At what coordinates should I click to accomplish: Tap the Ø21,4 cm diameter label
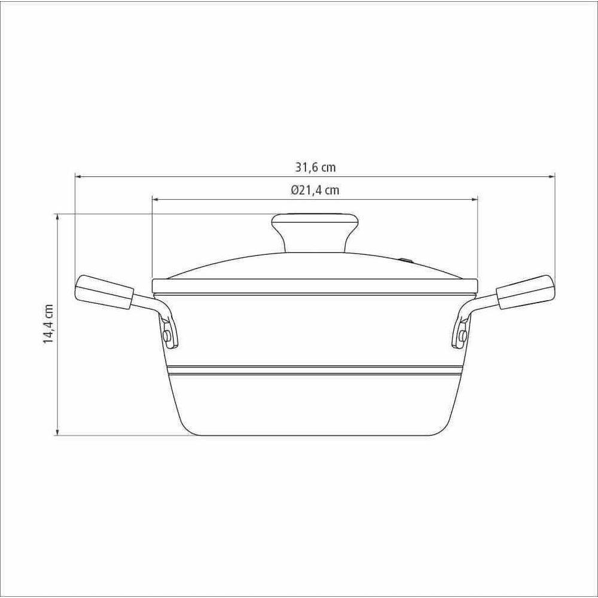point(315,190)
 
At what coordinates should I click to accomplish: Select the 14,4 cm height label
point(48,324)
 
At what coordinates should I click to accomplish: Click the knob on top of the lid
point(315,232)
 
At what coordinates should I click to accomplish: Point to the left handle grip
point(105,292)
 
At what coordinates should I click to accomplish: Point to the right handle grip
point(525,292)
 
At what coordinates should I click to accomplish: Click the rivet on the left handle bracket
point(167,335)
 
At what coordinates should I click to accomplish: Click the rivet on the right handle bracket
point(463,335)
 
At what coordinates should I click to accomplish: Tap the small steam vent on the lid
point(406,261)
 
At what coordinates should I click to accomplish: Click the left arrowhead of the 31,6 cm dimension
point(77,176)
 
